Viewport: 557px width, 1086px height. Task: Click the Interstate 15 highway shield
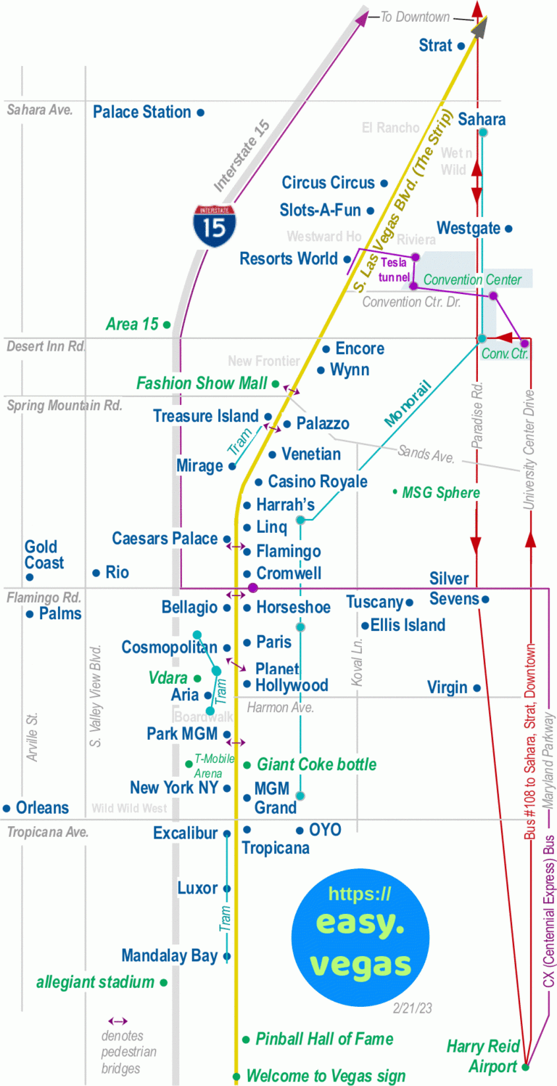[214, 226]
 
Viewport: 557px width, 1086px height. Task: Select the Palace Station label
[142, 112]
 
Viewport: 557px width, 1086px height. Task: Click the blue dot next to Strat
[460, 46]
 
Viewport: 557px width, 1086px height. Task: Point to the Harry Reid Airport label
[483, 1056]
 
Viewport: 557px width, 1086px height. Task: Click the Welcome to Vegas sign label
[326, 1075]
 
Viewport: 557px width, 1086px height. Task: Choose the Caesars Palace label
[165, 539]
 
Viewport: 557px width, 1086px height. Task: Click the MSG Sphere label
[440, 493]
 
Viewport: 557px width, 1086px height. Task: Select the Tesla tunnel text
[394, 269]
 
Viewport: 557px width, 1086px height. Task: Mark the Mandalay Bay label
[169, 956]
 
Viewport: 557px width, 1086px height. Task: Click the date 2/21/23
[411, 1008]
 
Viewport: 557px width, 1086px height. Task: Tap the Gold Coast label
[44, 555]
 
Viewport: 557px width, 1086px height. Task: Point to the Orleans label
[42, 808]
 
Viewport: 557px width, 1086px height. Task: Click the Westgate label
[468, 229]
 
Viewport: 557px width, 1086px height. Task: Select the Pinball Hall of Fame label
[324, 1039]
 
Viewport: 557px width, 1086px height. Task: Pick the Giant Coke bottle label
[316, 764]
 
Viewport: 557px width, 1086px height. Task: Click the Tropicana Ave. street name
[47, 832]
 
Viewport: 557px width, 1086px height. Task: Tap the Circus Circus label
[328, 183]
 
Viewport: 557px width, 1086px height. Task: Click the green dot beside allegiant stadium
[164, 983]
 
